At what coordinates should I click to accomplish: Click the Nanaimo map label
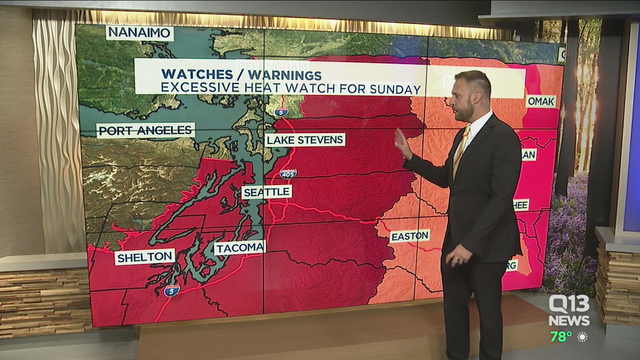click(x=139, y=33)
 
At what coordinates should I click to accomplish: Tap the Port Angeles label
click(x=145, y=130)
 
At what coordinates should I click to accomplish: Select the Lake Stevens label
click(x=305, y=139)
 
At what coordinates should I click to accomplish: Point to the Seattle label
click(x=266, y=192)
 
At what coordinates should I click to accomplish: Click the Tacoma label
click(x=239, y=247)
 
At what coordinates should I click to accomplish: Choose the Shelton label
click(x=144, y=257)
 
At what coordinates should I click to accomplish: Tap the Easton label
click(x=409, y=236)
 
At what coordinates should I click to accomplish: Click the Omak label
click(x=540, y=101)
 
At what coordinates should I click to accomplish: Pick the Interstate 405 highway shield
click(x=288, y=173)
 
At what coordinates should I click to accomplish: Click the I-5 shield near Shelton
click(x=171, y=290)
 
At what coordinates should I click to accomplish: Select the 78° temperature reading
click(x=561, y=337)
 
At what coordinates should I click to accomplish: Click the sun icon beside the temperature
click(x=582, y=337)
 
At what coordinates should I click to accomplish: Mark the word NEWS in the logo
click(x=569, y=320)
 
